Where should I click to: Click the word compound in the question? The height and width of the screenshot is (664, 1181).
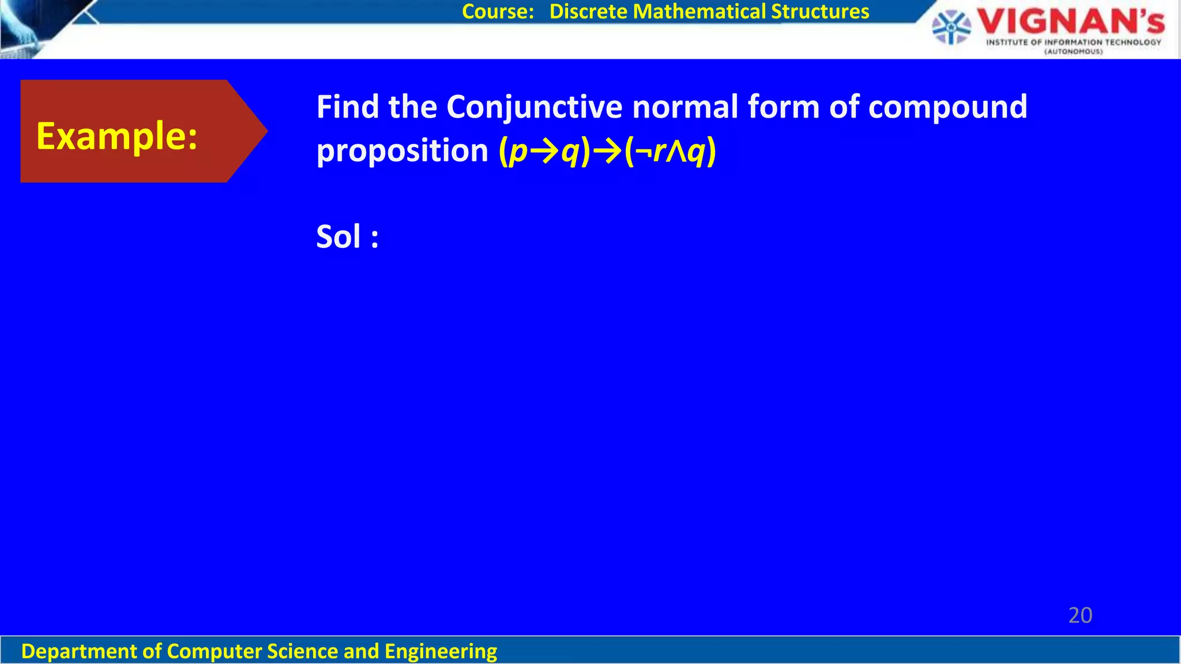click(947, 108)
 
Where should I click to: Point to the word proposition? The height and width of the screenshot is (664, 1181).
click(402, 151)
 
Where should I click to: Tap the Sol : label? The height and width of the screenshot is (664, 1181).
click(347, 237)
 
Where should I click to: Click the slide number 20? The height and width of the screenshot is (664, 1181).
click(1080, 616)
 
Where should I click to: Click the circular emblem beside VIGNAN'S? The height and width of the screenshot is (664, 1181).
click(951, 27)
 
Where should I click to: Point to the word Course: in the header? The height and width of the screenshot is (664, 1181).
click(498, 12)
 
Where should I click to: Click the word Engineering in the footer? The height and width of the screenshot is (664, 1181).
click(441, 651)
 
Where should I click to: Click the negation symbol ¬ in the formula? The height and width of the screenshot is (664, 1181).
click(643, 152)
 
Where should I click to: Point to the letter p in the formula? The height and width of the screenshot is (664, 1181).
click(519, 152)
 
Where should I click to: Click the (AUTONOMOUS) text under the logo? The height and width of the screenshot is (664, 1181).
click(1073, 52)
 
